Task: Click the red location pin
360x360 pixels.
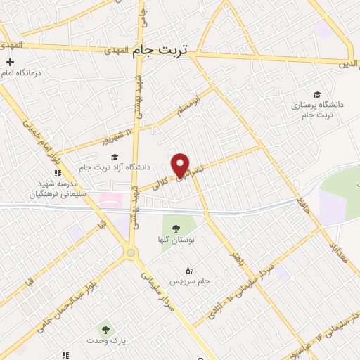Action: click(x=181, y=165)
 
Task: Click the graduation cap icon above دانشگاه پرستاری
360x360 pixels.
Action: click(x=317, y=94)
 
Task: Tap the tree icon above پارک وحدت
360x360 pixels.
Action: click(x=105, y=328)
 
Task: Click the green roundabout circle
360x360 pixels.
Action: click(x=130, y=253)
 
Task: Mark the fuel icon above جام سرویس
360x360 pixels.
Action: click(x=188, y=271)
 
